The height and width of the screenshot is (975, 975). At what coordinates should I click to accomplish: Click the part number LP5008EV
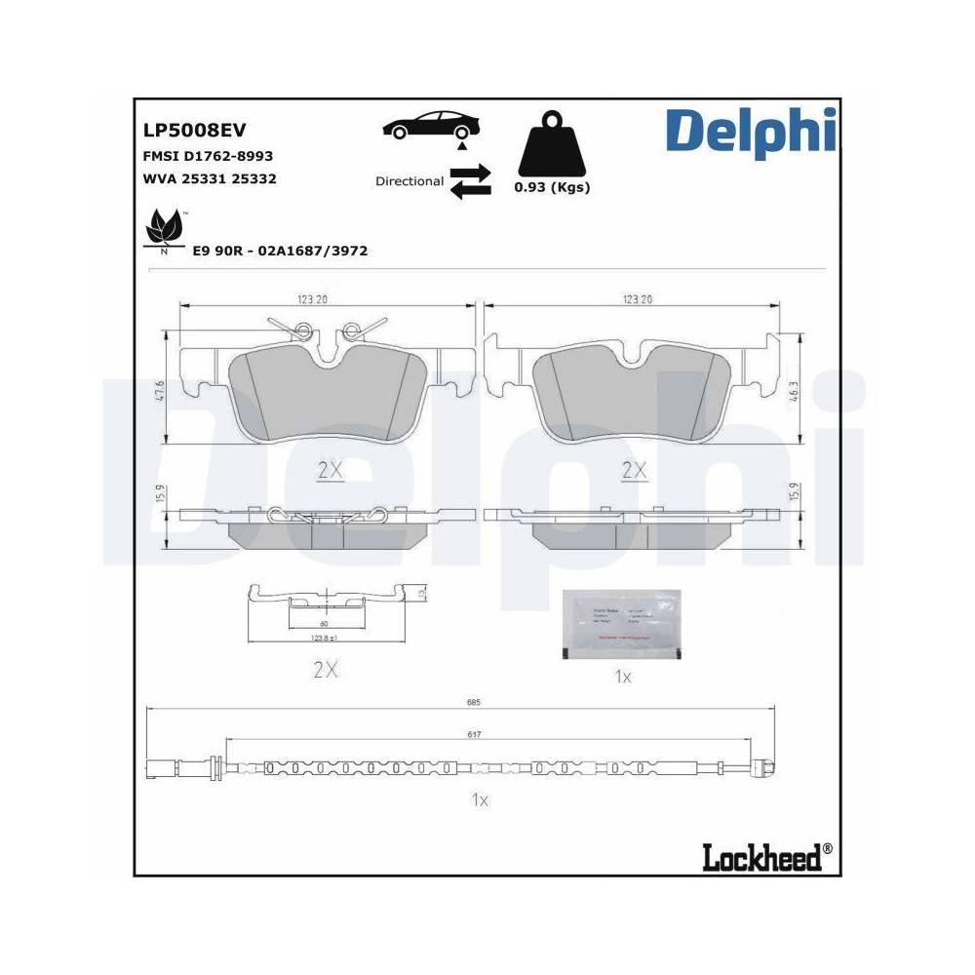[194, 130]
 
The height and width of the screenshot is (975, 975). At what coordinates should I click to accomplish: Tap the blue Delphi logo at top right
[750, 132]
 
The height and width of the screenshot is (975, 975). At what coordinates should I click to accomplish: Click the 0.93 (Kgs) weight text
[552, 187]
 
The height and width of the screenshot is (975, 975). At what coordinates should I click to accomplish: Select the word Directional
[409, 181]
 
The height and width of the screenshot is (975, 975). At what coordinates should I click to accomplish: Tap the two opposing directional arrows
[470, 181]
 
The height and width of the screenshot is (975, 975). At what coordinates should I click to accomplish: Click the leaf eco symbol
[162, 231]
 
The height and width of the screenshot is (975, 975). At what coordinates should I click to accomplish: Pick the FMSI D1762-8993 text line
[208, 156]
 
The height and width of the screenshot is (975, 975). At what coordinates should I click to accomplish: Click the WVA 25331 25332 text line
[210, 179]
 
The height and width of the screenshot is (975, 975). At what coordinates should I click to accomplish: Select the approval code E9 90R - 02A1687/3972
[279, 251]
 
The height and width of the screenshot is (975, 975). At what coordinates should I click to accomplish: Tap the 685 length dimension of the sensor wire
[473, 702]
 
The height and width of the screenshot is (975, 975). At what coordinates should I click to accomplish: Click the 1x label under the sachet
[623, 677]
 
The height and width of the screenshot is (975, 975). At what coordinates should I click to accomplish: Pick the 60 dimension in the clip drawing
[322, 623]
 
